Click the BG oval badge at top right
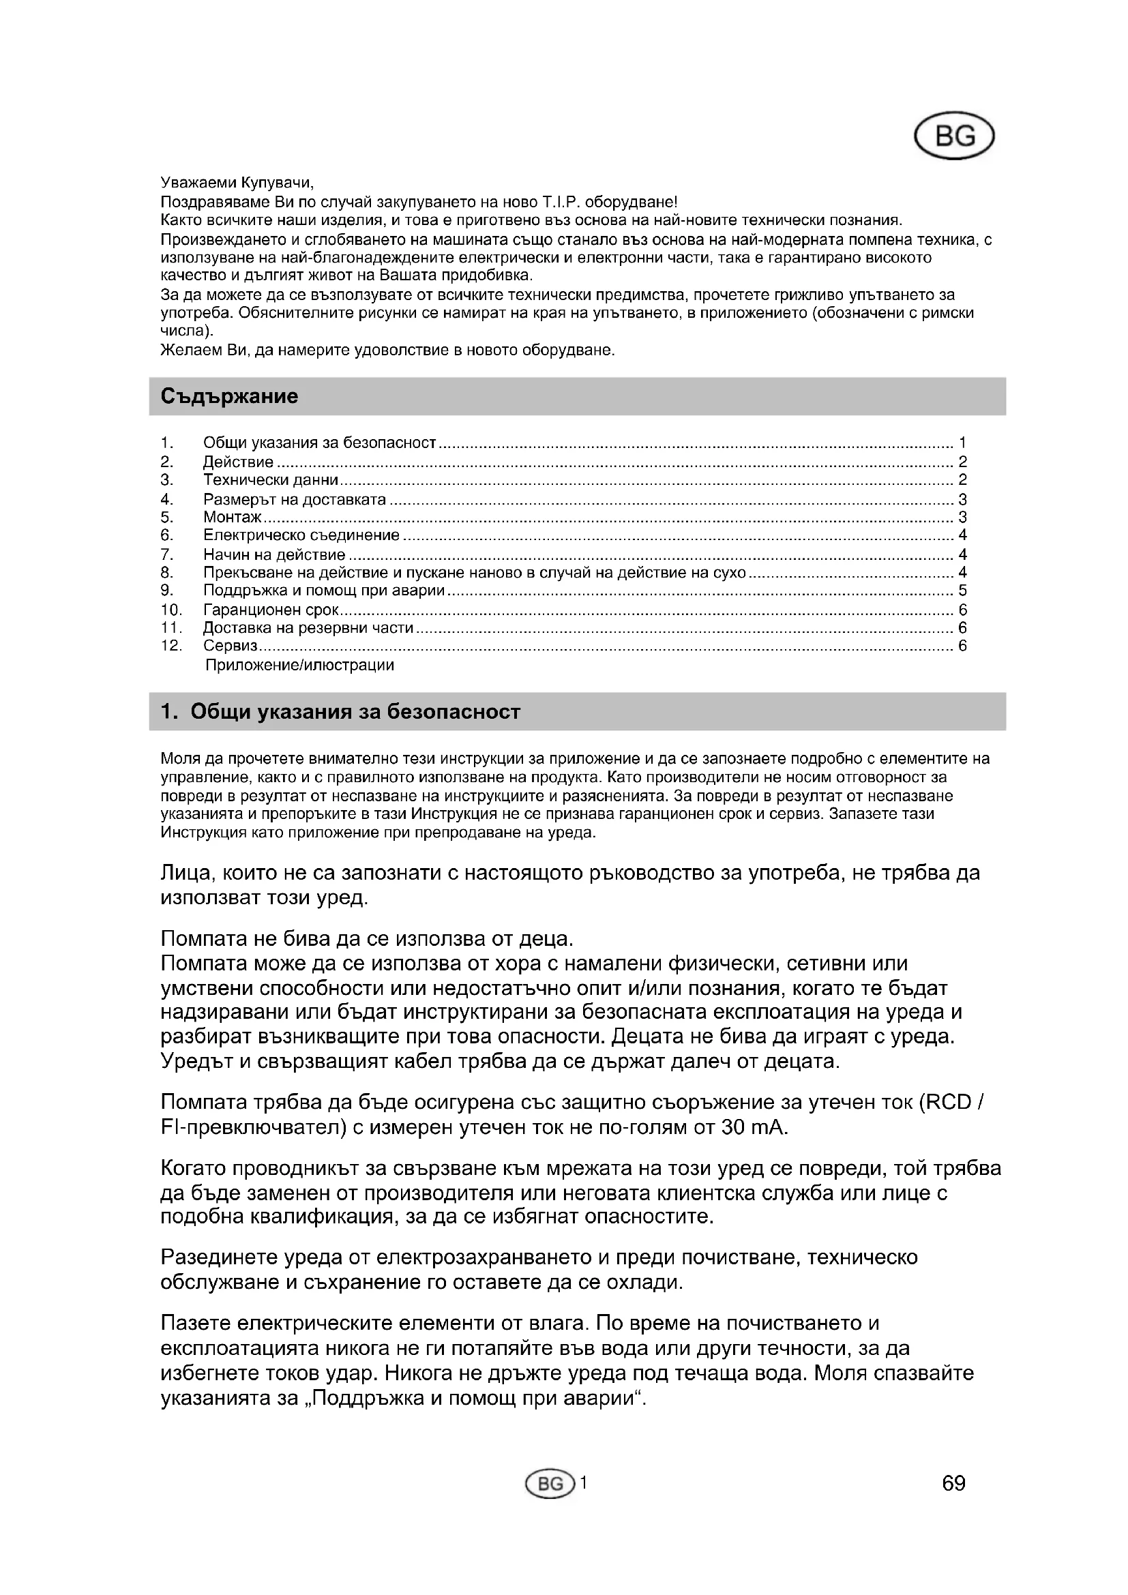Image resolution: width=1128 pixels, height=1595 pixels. (x=954, y=136)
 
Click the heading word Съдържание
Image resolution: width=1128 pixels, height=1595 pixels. (x=229, y=397)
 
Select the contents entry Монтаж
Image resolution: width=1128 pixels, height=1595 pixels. (x=232, y=518)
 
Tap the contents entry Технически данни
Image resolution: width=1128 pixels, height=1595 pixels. (x=270, y=480)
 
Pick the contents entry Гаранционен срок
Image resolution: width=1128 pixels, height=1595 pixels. (x=271, y=610)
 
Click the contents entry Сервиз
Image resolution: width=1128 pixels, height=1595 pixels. (x=230, y=646)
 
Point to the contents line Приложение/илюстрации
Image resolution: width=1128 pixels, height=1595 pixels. (x=299, y=666)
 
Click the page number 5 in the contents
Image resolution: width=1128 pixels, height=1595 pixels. (x=963, y=591)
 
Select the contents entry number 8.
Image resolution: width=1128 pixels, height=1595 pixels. (x=166, y=573)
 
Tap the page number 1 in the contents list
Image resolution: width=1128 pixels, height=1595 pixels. (x=963, y=443)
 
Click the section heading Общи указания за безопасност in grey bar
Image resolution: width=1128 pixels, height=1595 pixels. (x=354, y=712)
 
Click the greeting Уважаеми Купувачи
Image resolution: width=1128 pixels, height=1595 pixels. (x=237, y=183)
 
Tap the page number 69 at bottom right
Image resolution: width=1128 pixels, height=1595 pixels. (x=953, y=1484)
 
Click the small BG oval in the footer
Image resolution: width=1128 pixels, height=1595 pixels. (x=551, y=1485)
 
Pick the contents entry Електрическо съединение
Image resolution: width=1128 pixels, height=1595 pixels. (x=301, y=535)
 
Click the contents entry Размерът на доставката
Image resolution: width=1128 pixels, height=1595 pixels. (x=294, y=499)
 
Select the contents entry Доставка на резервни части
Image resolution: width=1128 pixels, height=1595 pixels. (x=308, y=628)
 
